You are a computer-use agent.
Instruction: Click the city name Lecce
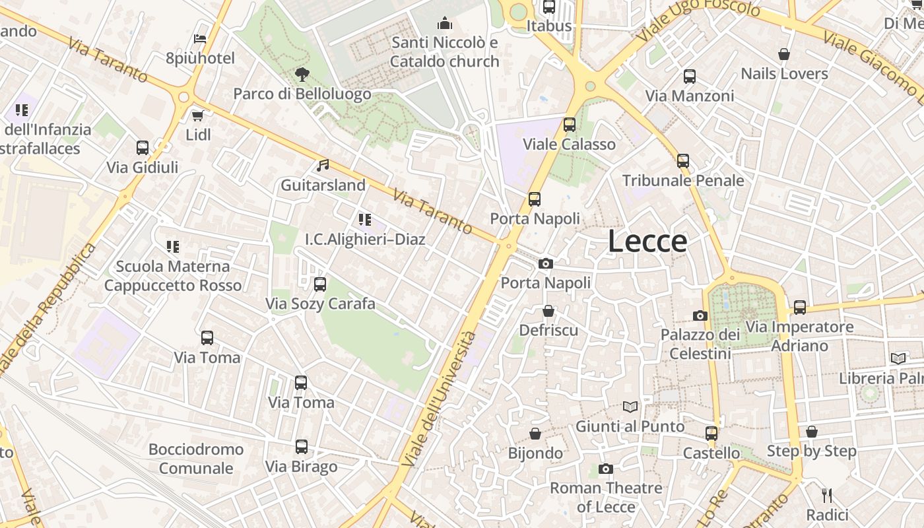click(647, 242)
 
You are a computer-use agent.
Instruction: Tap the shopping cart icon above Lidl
click(197, 116)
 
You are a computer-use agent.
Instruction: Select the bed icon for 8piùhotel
click(201, 39)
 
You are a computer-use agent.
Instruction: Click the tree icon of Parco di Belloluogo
click(302, 74)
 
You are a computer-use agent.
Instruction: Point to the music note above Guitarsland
click(323, 166)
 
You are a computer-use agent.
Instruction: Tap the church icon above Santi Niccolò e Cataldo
click(445, 24)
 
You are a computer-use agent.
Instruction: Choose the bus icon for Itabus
click(549, 7)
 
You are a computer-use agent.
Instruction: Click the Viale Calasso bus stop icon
click(569, 125)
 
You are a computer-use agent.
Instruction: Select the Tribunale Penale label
click(683, 180)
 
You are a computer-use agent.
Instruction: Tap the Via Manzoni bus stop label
click(689, 96)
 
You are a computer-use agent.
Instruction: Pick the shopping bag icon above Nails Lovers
click(784, 54)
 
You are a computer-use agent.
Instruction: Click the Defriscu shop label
click(548, 330)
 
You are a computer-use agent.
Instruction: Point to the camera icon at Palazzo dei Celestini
click(700, 316)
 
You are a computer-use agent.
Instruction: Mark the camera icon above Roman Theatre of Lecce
click(606, 469)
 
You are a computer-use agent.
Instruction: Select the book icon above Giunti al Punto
click(630, 407)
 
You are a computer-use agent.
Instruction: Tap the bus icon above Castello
click(711, 434)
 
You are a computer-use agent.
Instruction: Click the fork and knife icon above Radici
click(826, 495)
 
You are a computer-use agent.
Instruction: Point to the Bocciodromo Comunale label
click(196, 459)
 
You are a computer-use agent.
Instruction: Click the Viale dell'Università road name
click(439, 399)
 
